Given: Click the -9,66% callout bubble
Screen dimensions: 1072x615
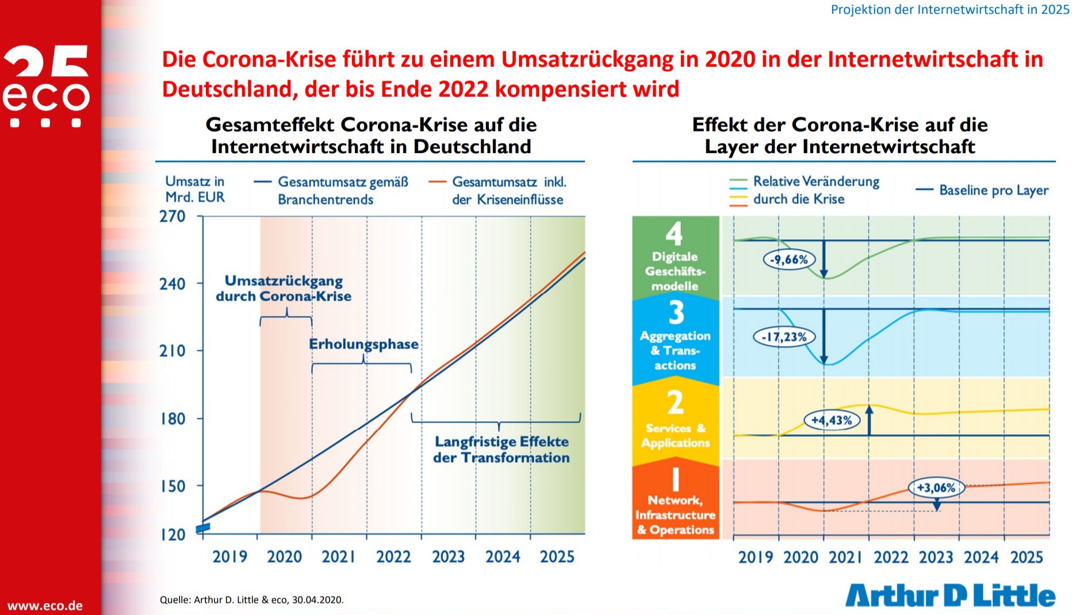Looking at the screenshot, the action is [x=789, y=259].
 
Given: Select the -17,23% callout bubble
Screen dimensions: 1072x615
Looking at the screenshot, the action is [x=784, y=337].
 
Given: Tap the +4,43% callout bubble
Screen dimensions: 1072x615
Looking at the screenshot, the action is [x=832, y=420].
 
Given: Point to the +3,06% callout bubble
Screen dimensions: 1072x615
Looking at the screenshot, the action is [x=936, y=488].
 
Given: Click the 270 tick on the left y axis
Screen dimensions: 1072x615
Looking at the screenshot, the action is [x=173, y=216].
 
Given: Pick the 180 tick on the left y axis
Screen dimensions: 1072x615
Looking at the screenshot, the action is [x=173, y=419].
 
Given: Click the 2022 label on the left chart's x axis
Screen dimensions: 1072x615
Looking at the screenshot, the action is [x=393, y=557].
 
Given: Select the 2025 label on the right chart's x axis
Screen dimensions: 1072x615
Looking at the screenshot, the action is [x=1027, y=557].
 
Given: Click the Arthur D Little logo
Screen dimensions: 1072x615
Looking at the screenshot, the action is [x=950, y=595].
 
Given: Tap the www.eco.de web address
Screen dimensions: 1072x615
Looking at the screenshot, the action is [x=45, y=606].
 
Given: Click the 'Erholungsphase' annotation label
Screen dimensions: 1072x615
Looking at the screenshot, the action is [x=363, y=344].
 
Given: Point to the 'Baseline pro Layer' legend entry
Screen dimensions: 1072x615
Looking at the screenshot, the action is [x=982, y=190].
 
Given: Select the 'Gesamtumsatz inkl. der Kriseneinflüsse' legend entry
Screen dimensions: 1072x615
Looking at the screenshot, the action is [x=498, y=190].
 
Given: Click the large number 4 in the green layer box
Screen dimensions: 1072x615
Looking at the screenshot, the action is [x=675, y=234].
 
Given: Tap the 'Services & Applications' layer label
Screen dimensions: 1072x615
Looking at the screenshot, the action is [x=676, y=436].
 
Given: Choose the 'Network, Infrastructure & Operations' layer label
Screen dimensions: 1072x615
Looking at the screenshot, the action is [x=676, y=515].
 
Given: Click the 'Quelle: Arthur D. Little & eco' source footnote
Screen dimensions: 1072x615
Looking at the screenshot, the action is [x=252, y=599].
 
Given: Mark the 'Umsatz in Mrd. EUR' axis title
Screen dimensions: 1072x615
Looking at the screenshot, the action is [x=195, y=189].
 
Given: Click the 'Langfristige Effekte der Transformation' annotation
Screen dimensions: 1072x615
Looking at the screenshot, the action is [x=501, y=450].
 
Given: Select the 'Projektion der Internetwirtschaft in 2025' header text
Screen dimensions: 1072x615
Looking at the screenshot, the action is [x=950, y=9].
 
